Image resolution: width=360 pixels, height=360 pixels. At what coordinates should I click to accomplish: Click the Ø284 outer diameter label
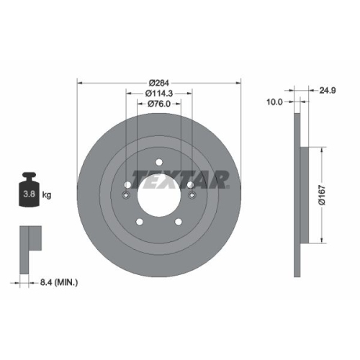[x=158, y=81]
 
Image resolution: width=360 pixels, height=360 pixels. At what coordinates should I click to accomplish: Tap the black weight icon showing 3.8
[x=30, y=189]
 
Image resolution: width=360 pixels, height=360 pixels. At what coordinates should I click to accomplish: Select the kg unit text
[x=47, y=194]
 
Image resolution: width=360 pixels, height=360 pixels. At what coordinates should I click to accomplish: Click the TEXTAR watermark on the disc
[x=179, y=177]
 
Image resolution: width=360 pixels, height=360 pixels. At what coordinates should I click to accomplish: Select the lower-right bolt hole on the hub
[x=179, y=222]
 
